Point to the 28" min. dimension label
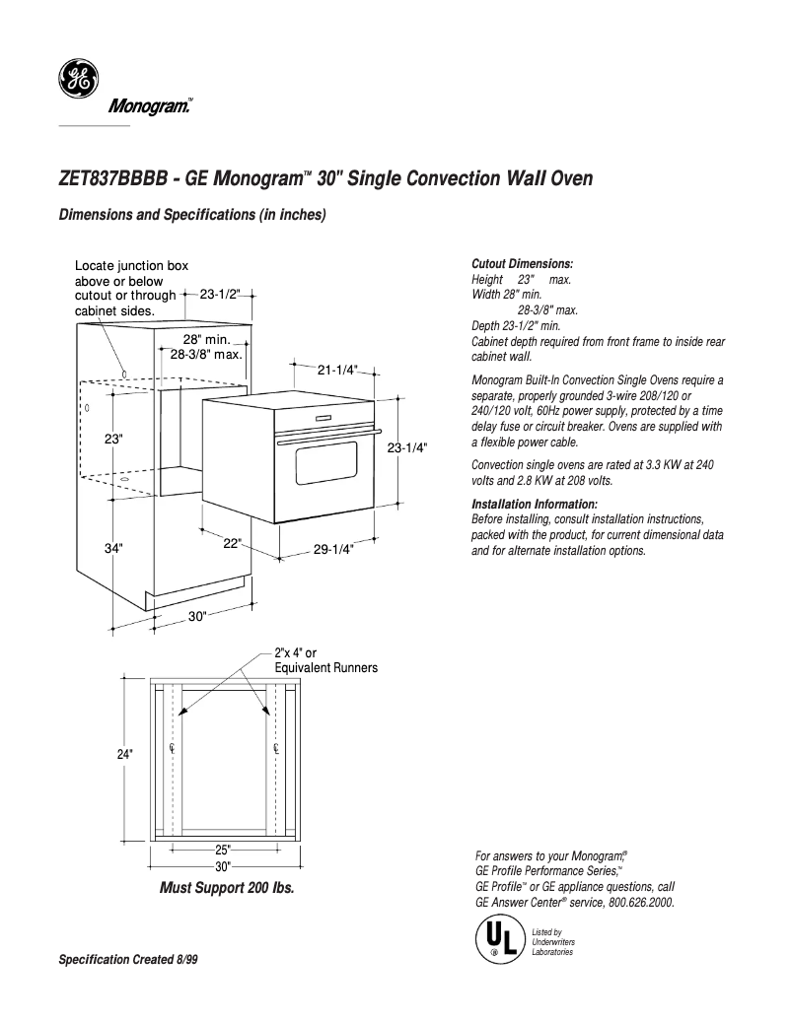pyautogui.click(x=206, y=339)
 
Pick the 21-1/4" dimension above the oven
pyautogui.click(x=336, y=370)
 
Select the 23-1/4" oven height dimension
pyautogui.click(x=406, y=446)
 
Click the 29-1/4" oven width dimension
pyautogui.click(x=333, y=549)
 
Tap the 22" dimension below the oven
pyautogui.click(x=232, y=543)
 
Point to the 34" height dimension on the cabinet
pyautogui.click(x=113, y=548)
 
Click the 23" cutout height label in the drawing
pyautogui.click(x=113, y=439)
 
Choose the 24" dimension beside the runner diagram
pyautogui.click(x=124, y=754)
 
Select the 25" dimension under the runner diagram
pyautogui.click(x=222, y=850)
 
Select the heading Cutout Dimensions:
pyautogui.click(x=522, y=264)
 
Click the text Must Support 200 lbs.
pyautogui.click(x=227, y=887)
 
